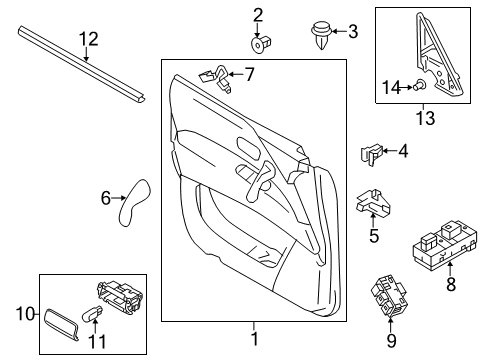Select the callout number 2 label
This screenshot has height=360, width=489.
point(258,14)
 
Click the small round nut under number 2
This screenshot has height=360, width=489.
point(258,44)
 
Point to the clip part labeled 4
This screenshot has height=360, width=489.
point(368,154)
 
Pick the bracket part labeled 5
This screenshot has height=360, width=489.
point(374,203)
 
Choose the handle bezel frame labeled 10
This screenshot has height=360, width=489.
point(67,325)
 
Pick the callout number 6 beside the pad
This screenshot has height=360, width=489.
point(106,199)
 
